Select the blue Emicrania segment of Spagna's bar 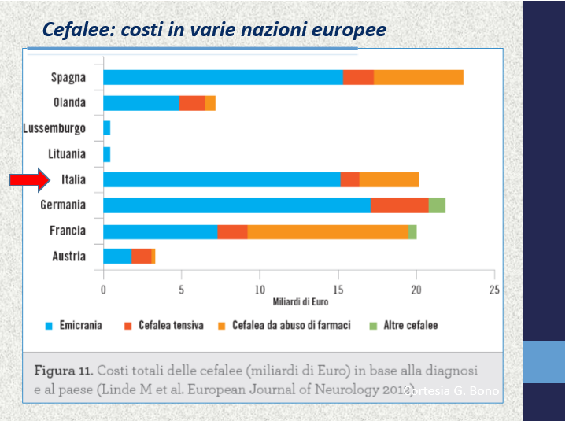[x=223, y=77]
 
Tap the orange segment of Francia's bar [x=327, y=231]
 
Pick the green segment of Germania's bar [x=437, y=205]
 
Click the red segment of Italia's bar [x=349, y=179]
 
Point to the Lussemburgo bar [x=106, y=128]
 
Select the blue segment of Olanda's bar [x=141, y=103]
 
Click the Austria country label [x=69, y=257]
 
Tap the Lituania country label [x=68, y=154]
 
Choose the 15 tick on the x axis [x=338, y=289]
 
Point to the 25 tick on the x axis [x=494, y=289]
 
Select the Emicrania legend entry [x=75, y=325]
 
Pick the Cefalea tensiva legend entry [x=164, y=325]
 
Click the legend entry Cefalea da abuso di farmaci [x=286, y=325]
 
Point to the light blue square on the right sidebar [x=544, y=362]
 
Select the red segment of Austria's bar [x=142, y=257]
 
